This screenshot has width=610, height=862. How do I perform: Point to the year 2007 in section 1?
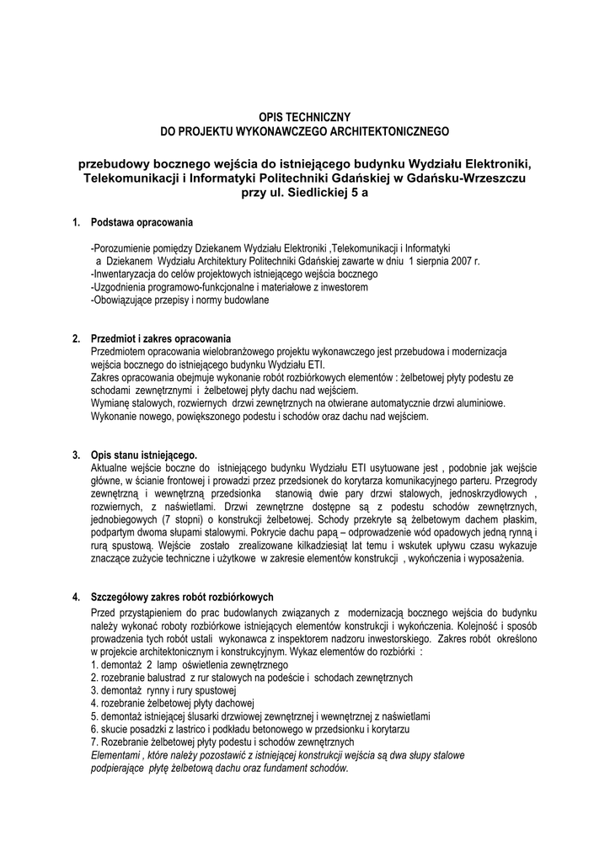coord(460,262)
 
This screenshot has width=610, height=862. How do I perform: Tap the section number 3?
coord(76,455)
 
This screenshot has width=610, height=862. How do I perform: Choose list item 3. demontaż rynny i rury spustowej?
coord(164,690)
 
